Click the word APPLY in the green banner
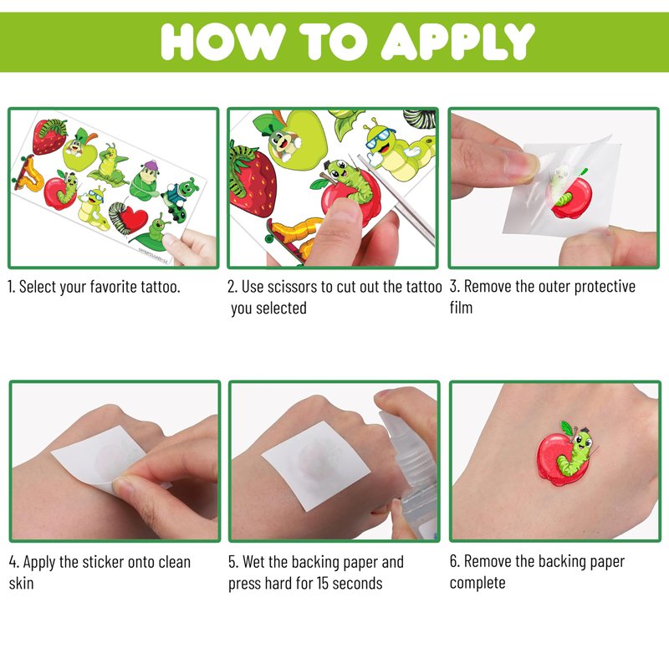[x=457, y=41]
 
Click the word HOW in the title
[x=223, y=41]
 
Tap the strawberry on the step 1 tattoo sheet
[x=49, y=136]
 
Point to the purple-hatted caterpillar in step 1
[x=145, y=181]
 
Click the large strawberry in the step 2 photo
[x=252, y=181]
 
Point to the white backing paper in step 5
[x=316, y=465]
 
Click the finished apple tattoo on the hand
[x=566, y=453]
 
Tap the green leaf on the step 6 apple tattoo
[x=568, y=428]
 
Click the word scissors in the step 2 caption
[x=292, y=287]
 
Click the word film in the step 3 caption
[x=462, y=307]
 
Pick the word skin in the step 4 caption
[x=22, y=583]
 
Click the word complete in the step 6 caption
[x=477, y=583]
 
